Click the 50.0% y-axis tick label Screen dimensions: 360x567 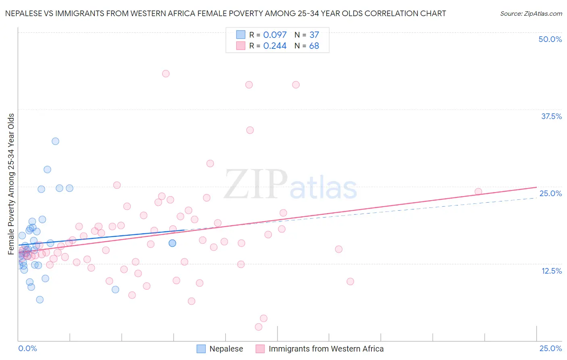[550, 39]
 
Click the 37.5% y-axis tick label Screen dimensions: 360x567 [551, 116]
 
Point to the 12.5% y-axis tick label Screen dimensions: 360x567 [551, 271]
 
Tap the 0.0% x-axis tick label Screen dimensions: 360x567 [27, 348]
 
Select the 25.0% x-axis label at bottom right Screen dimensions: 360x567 [550, 348]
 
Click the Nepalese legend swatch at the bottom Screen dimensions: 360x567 [201, 349]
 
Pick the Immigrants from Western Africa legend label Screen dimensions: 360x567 [326, 349]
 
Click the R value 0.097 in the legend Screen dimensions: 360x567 [275, 35]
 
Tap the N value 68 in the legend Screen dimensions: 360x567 [314, 46]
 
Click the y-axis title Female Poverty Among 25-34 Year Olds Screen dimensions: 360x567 [11, 184]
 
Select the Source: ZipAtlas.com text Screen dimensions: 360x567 [531, 13]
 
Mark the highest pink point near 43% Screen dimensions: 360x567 [166, 73]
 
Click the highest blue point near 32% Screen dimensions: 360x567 [55, 141]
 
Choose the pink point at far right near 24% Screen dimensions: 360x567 [478, 192]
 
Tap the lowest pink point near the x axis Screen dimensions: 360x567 [258, 327]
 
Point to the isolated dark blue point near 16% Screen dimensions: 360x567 [172, 243]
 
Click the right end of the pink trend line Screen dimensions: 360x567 [536, 187]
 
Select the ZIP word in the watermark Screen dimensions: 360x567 [256, 185]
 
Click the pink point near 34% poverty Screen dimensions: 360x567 [250, 130]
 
